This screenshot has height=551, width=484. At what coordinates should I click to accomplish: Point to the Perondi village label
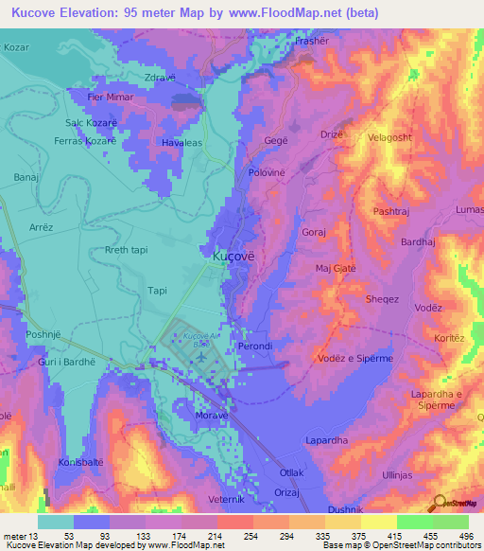point(256,347)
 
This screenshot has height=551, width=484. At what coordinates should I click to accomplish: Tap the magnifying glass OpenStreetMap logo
point(439,502)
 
